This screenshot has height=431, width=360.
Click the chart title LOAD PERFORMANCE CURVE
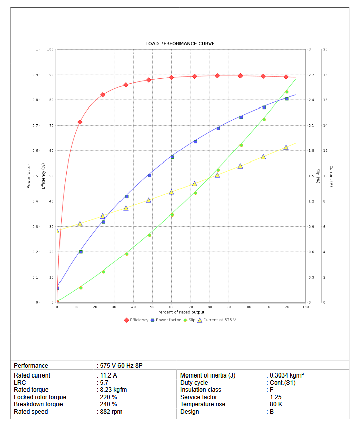179,44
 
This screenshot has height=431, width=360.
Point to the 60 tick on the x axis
171,307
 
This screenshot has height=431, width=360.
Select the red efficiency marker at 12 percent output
80,122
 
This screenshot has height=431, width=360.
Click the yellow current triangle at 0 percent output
57,231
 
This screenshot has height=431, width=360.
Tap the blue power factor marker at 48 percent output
149,175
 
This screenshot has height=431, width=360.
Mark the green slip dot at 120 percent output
287,92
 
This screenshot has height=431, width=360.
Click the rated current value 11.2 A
108,375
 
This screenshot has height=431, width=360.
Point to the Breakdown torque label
38,404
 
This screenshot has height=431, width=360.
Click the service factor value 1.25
276,397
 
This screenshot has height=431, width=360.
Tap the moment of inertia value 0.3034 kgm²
286,375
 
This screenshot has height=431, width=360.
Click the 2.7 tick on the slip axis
311,75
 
